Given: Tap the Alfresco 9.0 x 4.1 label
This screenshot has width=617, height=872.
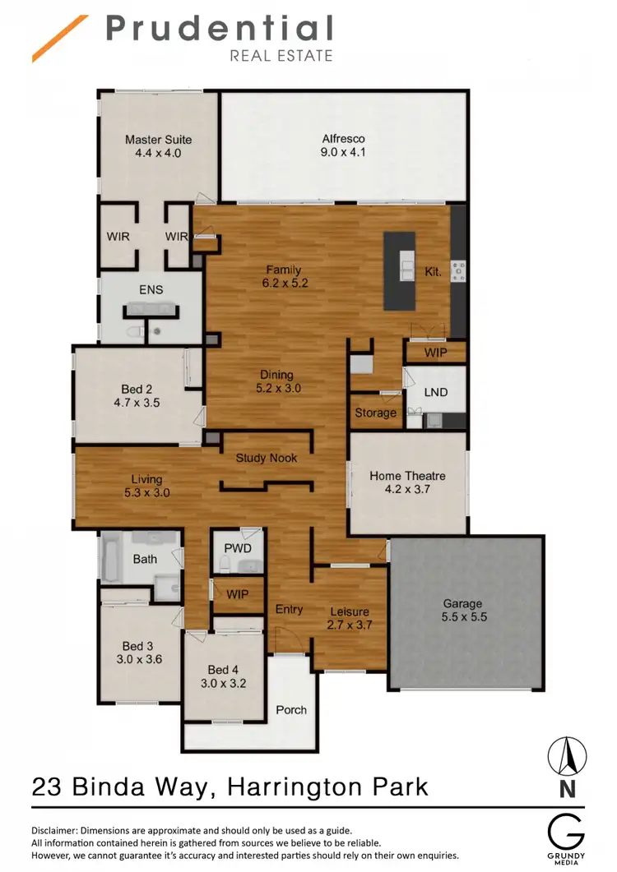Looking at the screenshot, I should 343,145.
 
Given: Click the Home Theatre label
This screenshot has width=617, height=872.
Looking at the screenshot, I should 407,476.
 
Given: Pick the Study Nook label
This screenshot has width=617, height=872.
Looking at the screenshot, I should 267,458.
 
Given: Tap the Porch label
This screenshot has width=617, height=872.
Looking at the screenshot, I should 291,710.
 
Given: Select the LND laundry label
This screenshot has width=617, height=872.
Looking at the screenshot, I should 436,392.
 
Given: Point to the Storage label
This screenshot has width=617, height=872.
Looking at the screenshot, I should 375,413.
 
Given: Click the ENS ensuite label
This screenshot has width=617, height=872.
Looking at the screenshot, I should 151,289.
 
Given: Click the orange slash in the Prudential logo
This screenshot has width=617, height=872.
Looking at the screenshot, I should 60,39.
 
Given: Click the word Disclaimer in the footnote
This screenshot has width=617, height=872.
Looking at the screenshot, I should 54,830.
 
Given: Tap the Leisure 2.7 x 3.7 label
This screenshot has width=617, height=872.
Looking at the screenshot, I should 350,618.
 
